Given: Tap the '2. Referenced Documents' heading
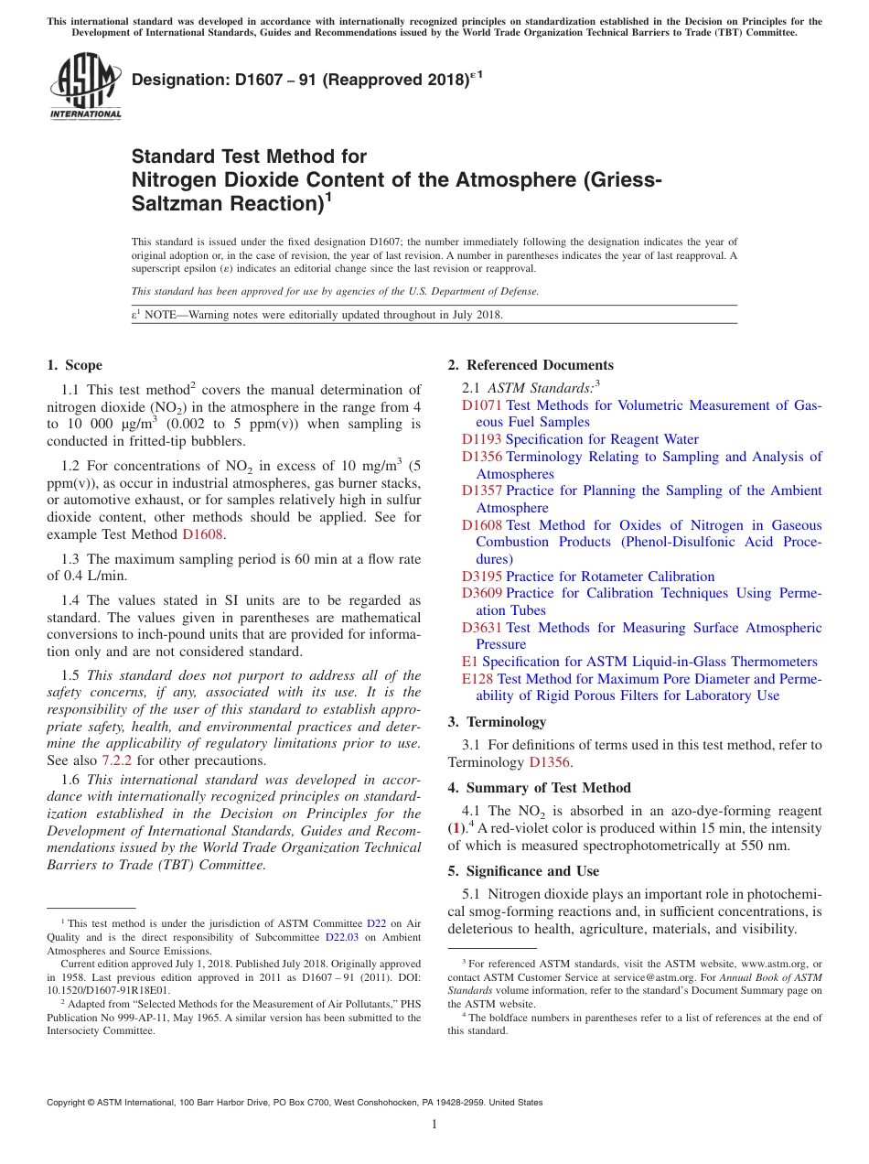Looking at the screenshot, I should tap(531, 365).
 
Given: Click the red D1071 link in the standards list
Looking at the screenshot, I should tap(481, 405).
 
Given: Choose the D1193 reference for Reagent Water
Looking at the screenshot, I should tap(481, 439).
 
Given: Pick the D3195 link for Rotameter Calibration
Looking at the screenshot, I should tap(481, 577).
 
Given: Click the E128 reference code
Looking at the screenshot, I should tap(477, 679).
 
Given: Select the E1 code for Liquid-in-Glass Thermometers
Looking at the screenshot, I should tap(469, 662).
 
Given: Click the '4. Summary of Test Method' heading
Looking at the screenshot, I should tap(539, 788).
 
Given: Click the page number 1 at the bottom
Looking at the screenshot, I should tap(434, 1124).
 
